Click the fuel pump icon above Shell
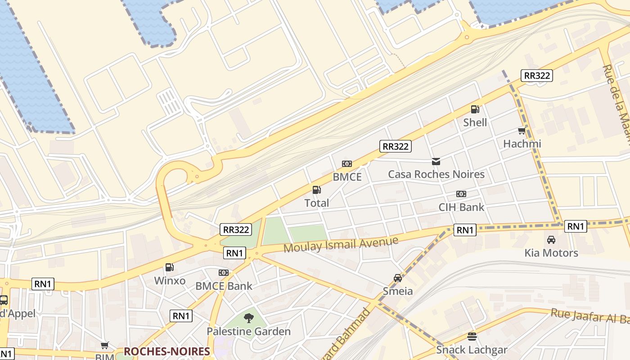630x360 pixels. tap(475, 109)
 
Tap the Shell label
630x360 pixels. tap(475, 122)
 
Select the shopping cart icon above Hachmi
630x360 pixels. tap(522, 131)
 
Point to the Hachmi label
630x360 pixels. tap(522, 144)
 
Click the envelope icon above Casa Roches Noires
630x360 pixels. tap(436, 161)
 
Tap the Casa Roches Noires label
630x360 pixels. tap(436, 174)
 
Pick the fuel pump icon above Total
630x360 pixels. tap(317, 190)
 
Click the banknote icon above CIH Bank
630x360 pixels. tap(461, 194)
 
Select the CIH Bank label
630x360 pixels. tap(461, 207)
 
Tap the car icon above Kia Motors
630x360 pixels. tap(551, 239)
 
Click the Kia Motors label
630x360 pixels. tap(551, 253)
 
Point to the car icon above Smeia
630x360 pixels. tap(397, 278)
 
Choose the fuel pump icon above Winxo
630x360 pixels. tap(170, 267)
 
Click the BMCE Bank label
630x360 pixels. tap(224, 286)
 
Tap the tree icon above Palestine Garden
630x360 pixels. tap(248, 319)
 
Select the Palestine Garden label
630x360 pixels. tap(248, 332)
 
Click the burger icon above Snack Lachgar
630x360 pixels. tap(472, 337)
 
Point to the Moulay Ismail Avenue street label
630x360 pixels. tap(341, 244)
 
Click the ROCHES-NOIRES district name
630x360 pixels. tap(166, 351)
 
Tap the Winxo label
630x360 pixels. tap(170, 281)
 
